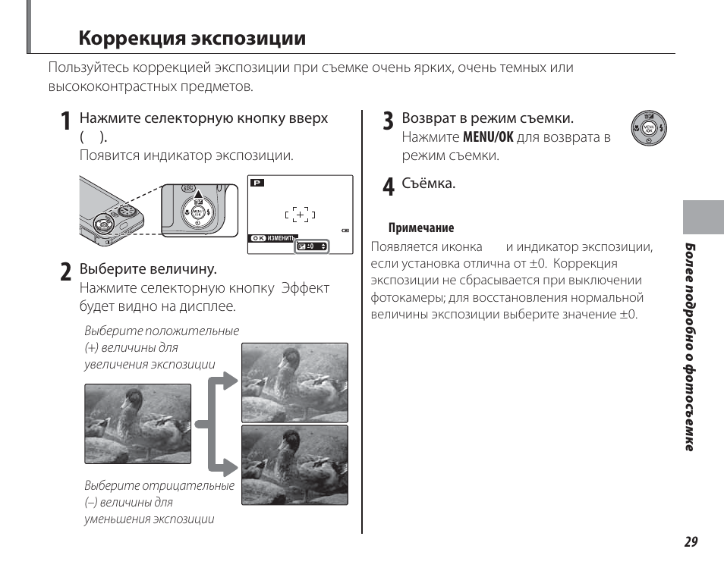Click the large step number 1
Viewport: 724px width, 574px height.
point(66,122)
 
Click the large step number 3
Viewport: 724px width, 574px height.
point(388,121)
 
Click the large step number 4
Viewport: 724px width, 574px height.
point(388,187)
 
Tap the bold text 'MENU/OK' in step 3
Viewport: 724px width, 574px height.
point(488,138)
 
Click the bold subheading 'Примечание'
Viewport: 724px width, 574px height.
point(421,227)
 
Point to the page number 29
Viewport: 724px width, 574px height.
point(690,541)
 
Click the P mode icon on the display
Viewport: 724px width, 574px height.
point(257,183)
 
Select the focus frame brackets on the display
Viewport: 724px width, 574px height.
point(301,215)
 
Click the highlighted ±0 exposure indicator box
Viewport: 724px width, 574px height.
point(312,246)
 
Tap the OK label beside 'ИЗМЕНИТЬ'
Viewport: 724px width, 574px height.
point(259,238)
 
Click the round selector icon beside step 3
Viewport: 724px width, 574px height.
point(648,127)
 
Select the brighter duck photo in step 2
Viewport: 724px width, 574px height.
point(294,382)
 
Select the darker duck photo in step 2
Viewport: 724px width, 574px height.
point(294,465)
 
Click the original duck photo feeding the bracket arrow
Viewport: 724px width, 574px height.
point(137,423)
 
